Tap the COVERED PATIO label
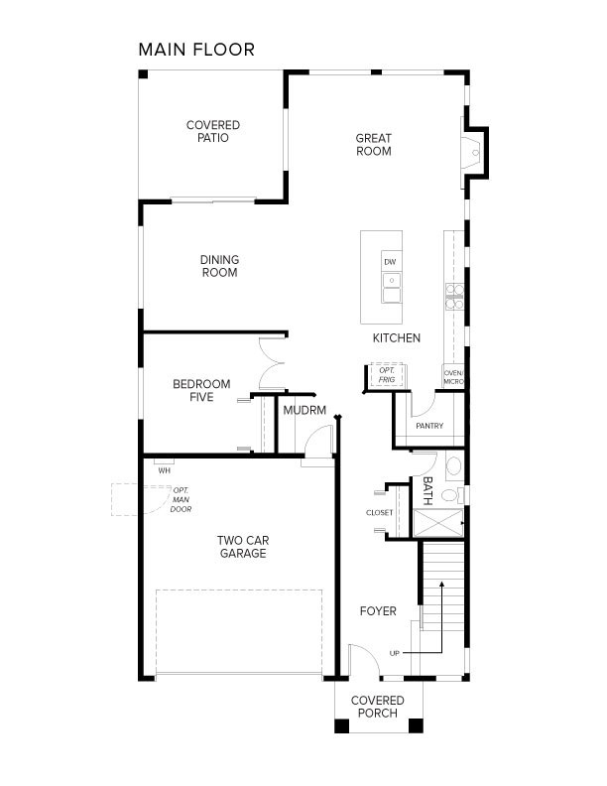coord(213,131)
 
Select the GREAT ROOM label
coord(374,145)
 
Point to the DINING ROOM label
coord(220,266)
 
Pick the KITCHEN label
coord(397,338)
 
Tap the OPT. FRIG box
coord(386,375)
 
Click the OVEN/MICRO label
coord(453,377)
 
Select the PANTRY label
coord(429,427)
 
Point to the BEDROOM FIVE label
coord(201,391)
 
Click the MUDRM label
coord(304,410)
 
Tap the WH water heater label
coord(164,471)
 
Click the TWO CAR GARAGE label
coord(242,547)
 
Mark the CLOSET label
coord(380,513)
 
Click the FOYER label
coord(378,611)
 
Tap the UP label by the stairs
coord(395,652)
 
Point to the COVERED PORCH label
coord(378,707)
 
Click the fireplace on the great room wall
coord(472,152)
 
